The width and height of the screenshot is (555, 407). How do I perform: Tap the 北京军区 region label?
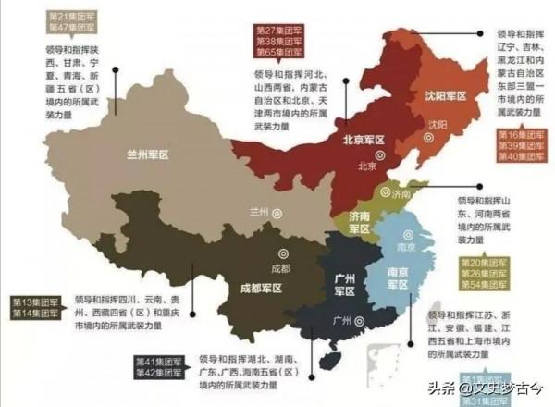coord(362,141)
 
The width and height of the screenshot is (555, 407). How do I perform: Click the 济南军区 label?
coord(359,222)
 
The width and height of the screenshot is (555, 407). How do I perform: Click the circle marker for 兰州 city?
coord(277,212)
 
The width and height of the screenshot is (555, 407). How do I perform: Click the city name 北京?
coord(367,167)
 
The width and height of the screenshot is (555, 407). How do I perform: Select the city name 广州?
coord(341,320)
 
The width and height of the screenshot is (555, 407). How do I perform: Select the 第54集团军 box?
coord(483,285)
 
